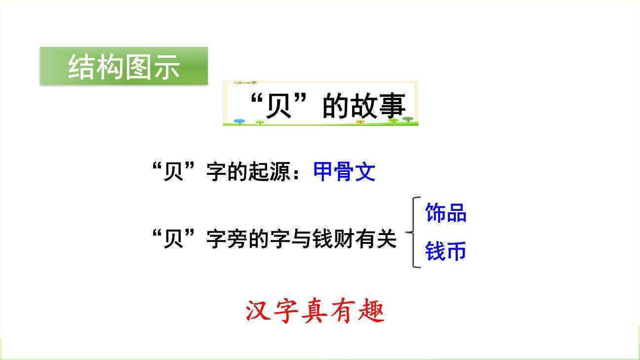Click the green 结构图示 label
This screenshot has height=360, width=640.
pos(123,66)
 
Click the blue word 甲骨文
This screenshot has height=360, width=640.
pos(344,172)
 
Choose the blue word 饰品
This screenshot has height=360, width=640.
pos(445,213)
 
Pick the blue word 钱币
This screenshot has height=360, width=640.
pos(445,251)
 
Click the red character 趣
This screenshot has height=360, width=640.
pos(371,312)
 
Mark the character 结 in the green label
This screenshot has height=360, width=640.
pos(81,67)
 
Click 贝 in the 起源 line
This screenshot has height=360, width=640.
pos(173,172)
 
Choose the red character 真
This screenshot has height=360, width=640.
pos(315,312)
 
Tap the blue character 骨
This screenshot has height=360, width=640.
pos(344,172)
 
